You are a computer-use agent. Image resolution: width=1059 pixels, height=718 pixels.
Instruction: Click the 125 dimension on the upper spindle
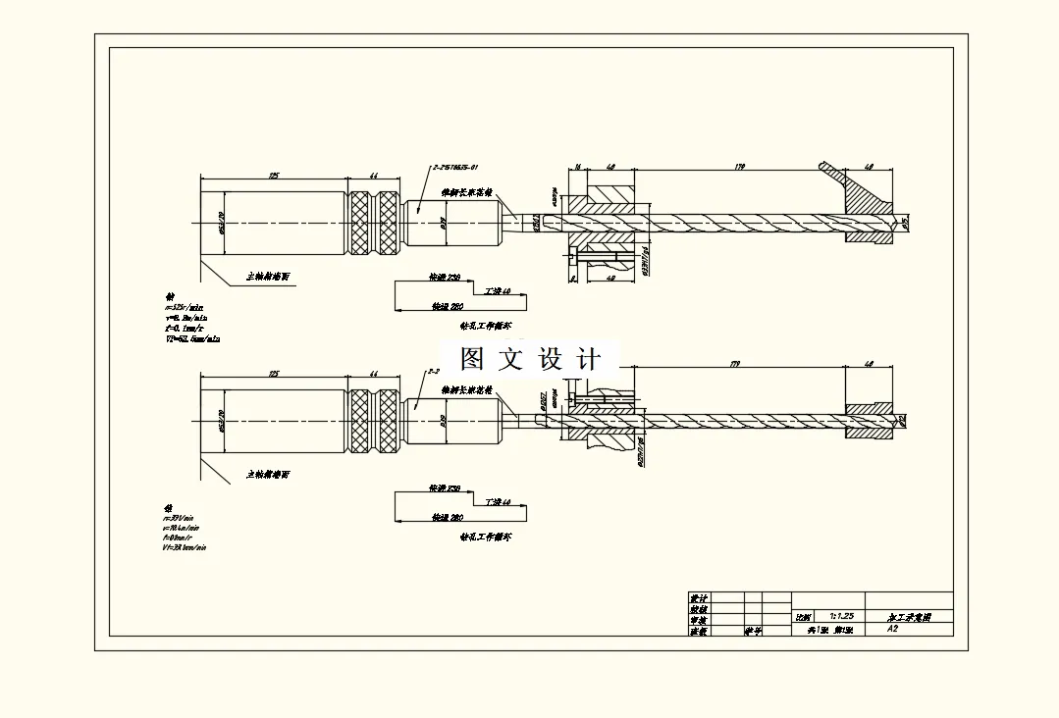point(274,175)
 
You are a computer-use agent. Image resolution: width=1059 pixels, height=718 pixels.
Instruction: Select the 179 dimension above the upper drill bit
point(739,168)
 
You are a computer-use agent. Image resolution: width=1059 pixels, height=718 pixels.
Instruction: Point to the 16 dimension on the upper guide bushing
point(578,168)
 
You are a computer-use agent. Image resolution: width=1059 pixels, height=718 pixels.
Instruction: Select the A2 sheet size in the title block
point(892,629)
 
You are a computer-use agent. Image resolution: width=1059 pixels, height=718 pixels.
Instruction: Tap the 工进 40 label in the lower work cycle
point(498,501)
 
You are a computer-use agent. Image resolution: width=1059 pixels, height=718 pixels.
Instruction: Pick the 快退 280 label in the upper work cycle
point(448,307)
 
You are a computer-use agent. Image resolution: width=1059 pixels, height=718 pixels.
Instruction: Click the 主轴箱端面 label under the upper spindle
point(268,278)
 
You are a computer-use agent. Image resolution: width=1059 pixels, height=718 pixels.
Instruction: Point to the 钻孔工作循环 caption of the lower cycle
point(486,537)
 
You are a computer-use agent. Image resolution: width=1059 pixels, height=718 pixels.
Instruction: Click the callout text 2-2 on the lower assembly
point(433,372)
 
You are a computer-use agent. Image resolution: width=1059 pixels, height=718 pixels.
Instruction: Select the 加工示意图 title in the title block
point(908,617)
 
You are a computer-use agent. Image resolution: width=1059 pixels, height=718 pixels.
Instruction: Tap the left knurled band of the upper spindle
point(359,224)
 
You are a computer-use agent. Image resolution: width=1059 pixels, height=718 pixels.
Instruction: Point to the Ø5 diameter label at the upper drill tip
point(906,224)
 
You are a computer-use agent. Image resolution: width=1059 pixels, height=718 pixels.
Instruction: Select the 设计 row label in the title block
point(698,598)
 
